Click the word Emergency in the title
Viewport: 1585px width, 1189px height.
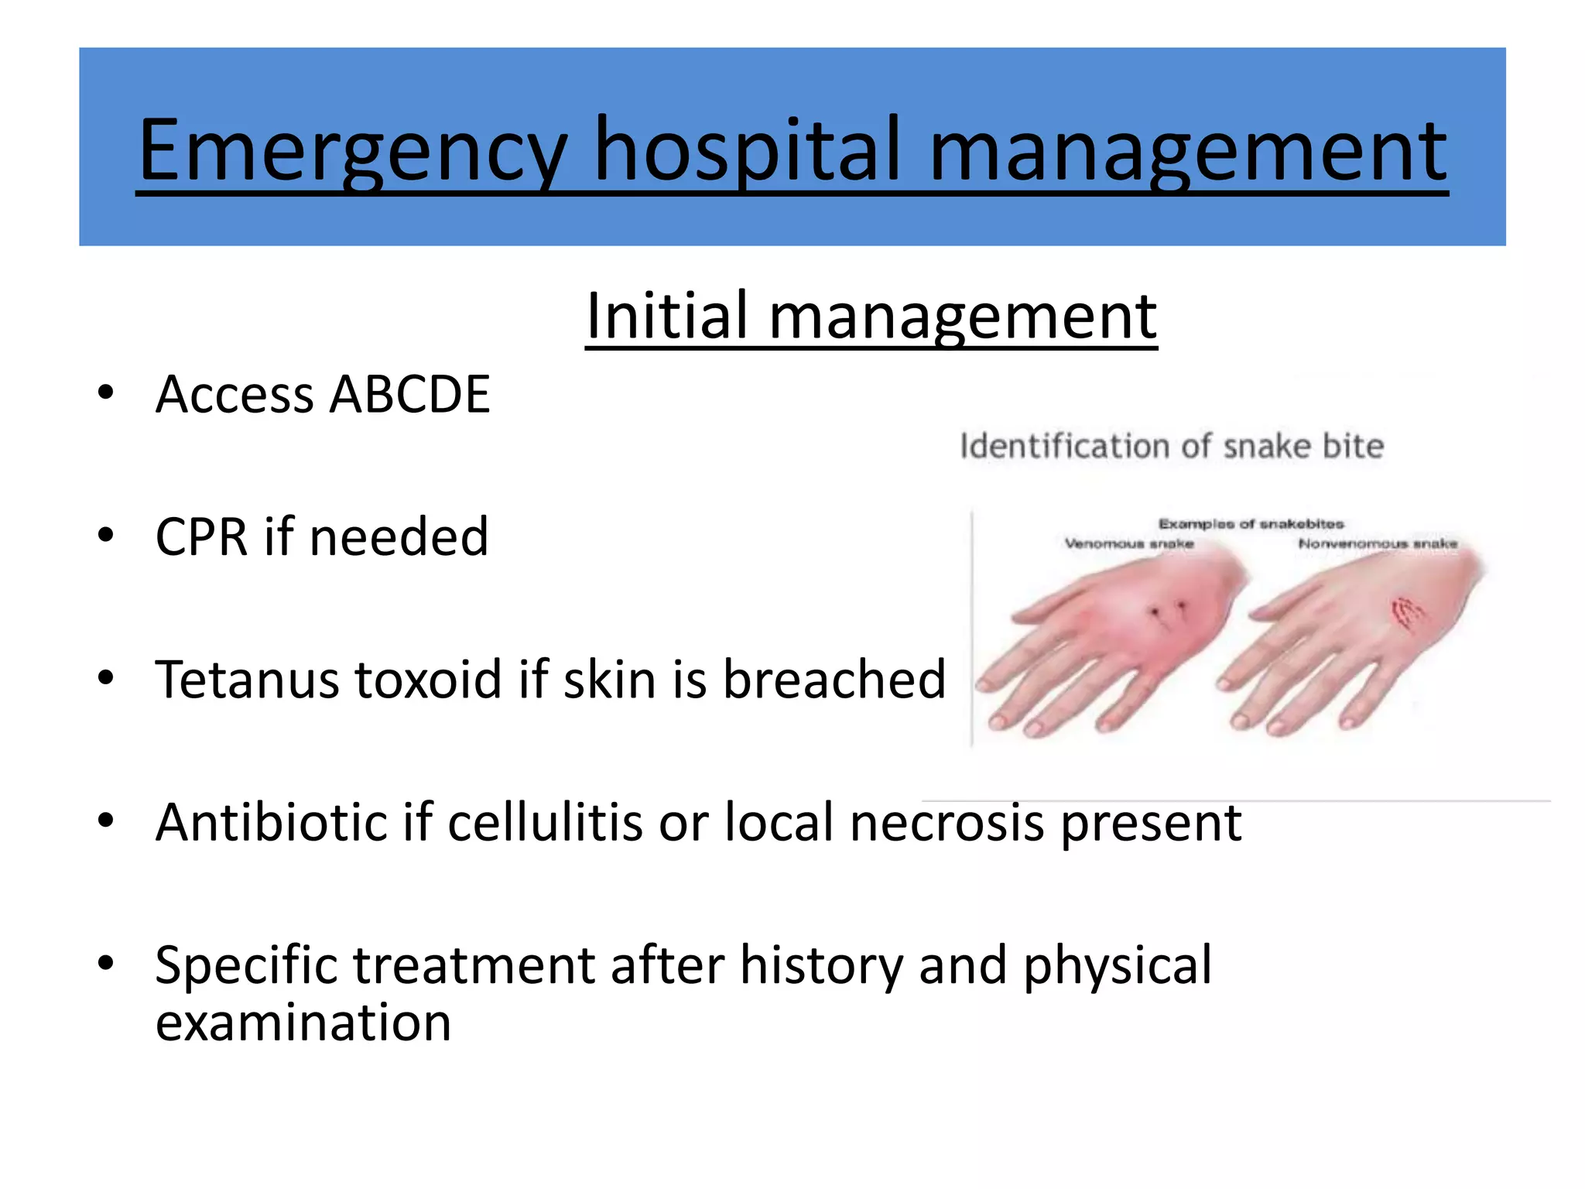pyautogui.click(x=352, y=151)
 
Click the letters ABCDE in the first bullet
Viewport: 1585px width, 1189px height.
pyautogui.click(x=409, y=395)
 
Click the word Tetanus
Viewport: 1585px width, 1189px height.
pyautogui.click(x=248, y=680)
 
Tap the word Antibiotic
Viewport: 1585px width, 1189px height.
pyautogui.click(x=270, y=822)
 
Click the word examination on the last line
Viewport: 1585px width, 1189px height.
pyautogui.click(x=303, y=1023)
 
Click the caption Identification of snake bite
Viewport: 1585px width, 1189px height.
pyautogui.click(x=1171, y=447)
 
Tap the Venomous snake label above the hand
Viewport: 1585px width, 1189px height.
pyautogui.click(x=1128, y=544)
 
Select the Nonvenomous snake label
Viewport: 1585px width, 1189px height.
pyautogui.click(x=1378, y=544)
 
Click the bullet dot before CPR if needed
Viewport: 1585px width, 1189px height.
pyautogui.click(x=106, y=535)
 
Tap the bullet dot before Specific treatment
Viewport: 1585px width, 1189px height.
pyautogui.click(x=106, y=964)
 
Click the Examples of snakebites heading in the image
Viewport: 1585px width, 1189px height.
pyautogui.click(x=1251, y=524)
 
